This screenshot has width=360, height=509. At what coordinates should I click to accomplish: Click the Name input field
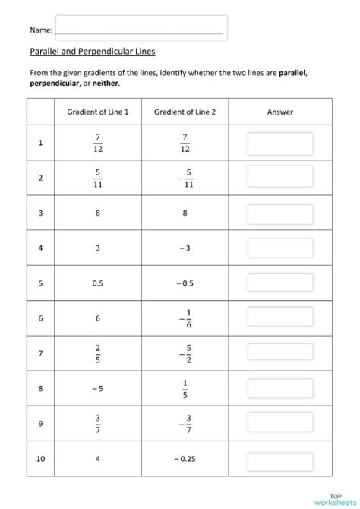coord(141,29)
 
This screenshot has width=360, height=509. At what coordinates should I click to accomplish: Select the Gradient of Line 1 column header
coord(98,112)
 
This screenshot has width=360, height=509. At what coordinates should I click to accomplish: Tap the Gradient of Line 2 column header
coord(185,112)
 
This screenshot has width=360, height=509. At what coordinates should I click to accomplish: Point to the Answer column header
coord(280,112)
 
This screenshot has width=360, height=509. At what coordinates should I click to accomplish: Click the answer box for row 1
coord(280,144)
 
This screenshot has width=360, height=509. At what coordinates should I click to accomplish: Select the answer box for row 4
coord(280,248)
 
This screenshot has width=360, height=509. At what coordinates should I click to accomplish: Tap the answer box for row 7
coord(280,353)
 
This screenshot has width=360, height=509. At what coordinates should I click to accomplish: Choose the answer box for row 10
coord(280,458)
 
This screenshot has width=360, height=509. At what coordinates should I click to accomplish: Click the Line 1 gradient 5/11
coord(98,178)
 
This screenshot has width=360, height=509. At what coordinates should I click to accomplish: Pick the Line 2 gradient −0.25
coord(185,458)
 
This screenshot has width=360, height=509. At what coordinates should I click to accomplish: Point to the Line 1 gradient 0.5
coord(98,283)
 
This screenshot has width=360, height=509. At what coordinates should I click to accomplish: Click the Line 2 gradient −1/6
coord(185,318)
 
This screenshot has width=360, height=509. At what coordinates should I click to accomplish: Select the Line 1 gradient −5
coord(98,388)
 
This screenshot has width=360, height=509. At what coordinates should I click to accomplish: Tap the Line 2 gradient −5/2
coord(185,353)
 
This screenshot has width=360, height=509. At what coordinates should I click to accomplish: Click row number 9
coord(40,423)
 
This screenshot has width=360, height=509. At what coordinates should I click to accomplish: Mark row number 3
coord(40,213)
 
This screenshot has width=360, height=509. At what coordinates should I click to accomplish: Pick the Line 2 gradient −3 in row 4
coord(185,248)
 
